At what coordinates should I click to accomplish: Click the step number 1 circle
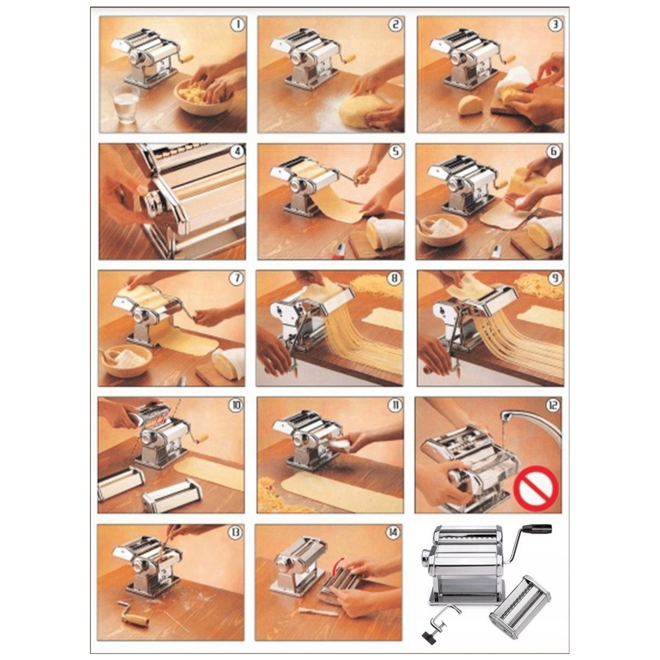pyautogui.click(x=237, y=25)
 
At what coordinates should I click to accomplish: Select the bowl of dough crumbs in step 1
pyautogui.click(x=204, y=97)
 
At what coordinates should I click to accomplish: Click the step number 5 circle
pyautogui.click(x=396, y=151)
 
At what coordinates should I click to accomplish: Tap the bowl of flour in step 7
pyautogui.click(x=126, y=360)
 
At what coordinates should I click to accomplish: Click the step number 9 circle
pyautogui.click(x=554, y=278)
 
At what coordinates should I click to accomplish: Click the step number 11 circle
pyautogui.click(x=394, y=405)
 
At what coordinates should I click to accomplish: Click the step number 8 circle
pyautogui.click(x=394, y=278)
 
